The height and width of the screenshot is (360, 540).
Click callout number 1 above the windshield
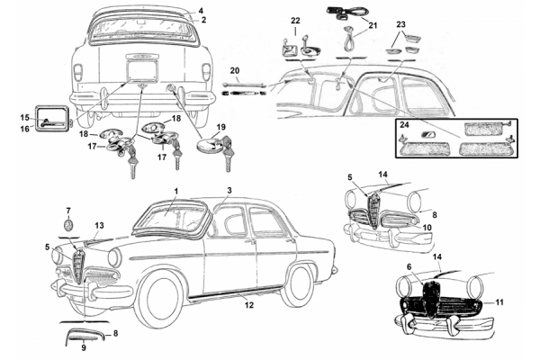click(x=177, y=192)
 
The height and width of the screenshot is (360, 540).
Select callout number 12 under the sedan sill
click(x=248, y=305)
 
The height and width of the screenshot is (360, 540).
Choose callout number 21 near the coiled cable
click(x=373, y=27)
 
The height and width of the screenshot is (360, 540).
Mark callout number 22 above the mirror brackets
click(x=295, y=20)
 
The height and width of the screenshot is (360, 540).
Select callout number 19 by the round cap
click(x=221, y=128)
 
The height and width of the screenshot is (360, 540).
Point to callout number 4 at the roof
click(x=202, y=11)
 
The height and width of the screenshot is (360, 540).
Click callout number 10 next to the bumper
click(x=427, y=228)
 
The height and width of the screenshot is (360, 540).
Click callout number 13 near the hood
click(x=99, y=225)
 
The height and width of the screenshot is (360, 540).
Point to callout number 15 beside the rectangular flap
click(x=24, y=117)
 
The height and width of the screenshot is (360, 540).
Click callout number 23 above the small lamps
click(x=401, y=24)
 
